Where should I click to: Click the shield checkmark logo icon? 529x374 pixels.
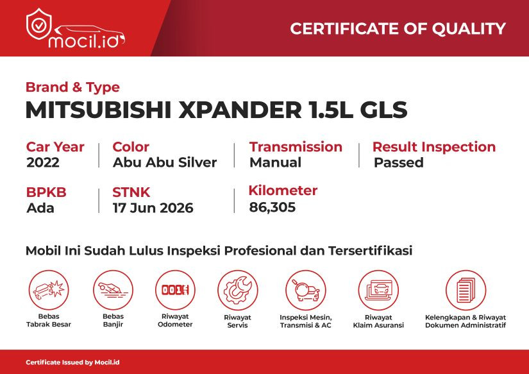(39, 24)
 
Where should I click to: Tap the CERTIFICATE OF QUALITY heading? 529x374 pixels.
(398, 29)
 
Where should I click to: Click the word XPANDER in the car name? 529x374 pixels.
(240, 110)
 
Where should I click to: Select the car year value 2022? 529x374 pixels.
(43, 162)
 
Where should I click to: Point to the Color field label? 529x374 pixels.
(131, 147)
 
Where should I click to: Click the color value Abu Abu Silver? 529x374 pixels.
(165, 162)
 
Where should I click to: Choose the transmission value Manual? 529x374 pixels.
(275, 162)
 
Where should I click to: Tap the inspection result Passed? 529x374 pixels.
(398, 162)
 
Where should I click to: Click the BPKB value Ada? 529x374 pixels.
(40, 208)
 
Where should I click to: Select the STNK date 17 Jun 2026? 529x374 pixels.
(153, 208)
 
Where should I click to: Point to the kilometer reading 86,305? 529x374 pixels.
(273, 207)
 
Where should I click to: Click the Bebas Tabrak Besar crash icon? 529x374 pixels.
(49, 290)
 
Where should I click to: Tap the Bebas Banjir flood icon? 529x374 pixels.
(113, 290)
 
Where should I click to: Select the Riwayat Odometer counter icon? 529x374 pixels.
(175, 290)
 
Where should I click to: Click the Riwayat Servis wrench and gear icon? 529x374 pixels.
(237, 291)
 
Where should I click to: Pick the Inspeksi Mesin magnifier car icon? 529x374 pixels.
(306, 291)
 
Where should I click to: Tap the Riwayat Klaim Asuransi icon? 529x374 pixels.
(378, 291)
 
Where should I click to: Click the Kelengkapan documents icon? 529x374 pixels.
(466, 291)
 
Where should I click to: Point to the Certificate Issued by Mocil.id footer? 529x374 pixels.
(72, 362)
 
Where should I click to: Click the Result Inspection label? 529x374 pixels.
(434, 147)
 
